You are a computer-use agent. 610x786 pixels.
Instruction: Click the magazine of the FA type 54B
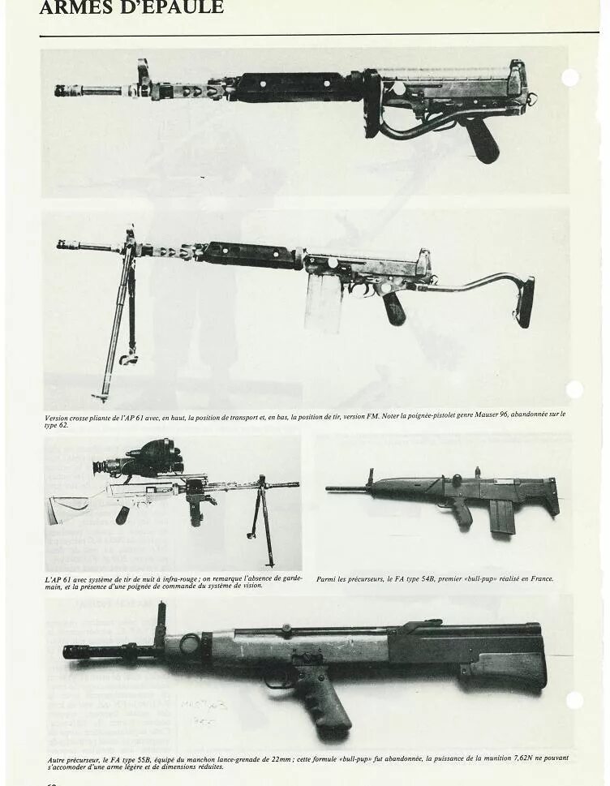click(x=502, y=518)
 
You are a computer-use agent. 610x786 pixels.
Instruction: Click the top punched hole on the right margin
click(x=570, y=78)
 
